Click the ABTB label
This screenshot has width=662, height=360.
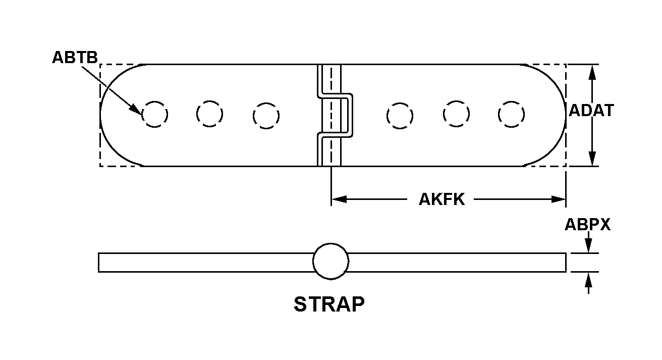coord(75,58)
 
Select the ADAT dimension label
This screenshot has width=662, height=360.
coord(591,110)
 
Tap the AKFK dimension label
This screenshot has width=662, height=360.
coord(442,199)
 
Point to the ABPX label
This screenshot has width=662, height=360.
coord(587,224)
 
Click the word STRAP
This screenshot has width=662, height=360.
coord(329,304)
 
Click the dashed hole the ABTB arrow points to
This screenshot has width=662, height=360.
coord(154,115)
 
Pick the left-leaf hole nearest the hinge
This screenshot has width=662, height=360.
coord(265,116)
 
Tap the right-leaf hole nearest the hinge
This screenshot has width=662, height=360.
coord(400,116)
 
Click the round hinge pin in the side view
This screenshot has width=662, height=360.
coord(330,261)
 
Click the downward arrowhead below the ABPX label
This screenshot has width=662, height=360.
coord(587,247)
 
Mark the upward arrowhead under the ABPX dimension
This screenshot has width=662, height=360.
coord(587,278)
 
